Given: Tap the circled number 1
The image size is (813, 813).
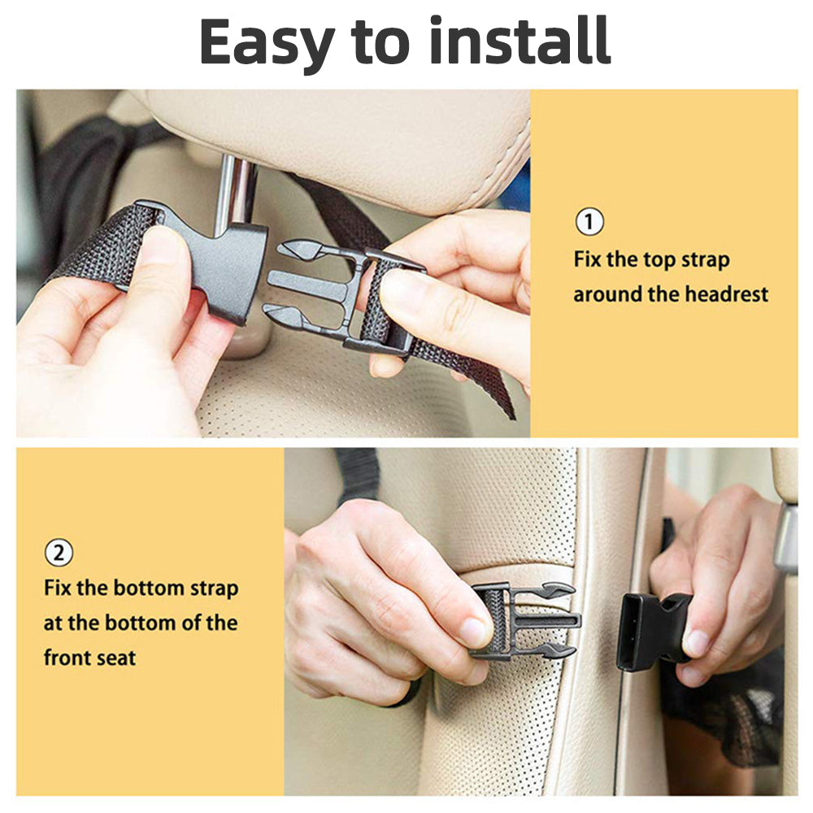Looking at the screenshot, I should (589, 222).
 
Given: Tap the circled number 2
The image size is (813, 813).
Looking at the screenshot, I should (58, 554).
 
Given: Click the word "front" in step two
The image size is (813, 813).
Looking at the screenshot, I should (67, 657).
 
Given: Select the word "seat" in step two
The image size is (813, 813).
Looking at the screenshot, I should (116, 657).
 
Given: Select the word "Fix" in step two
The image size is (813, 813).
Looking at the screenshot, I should (59, 588).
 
